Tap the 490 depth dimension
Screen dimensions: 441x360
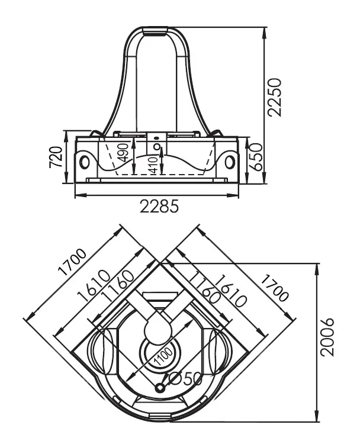click(123, 153)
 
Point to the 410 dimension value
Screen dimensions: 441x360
click(153, 165)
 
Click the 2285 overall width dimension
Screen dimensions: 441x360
click(159, 207)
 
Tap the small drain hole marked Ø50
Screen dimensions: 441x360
click(160, 388)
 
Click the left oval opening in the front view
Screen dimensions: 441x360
click(85, 160)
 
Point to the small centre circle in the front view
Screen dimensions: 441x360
click(157, 147)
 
